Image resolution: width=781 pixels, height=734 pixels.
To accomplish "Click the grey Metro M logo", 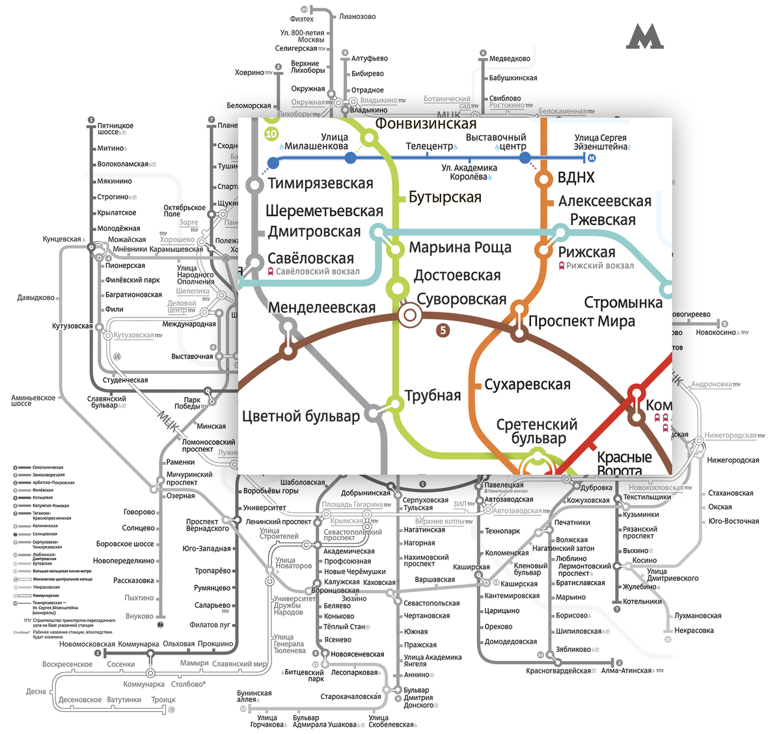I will point(644,37).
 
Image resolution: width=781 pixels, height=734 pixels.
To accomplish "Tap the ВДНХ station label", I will point(576,178).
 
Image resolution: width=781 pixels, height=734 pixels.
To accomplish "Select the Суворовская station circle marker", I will point(410,316).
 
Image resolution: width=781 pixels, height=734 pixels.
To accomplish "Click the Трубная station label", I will point(433,396).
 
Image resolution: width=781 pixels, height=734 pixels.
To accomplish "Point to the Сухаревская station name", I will point(527,385).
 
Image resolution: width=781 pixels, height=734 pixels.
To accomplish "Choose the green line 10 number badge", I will point(271,134).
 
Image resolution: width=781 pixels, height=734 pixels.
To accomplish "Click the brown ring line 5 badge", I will point(443,330).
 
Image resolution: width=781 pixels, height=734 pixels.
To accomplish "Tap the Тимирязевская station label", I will point(320,184).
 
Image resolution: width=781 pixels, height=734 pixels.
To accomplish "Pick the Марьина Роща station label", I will point(460,248).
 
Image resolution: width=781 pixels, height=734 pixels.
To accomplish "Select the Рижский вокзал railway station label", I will point(599,265).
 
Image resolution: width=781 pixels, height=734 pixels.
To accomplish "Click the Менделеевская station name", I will point(322,308).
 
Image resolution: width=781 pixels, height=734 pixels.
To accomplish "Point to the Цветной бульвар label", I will point(301,416).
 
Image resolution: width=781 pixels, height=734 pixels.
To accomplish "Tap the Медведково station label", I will point(510,59).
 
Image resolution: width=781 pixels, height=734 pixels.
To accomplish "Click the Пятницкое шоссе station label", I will point(115,129).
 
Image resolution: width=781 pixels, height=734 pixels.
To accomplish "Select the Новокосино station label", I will point(715,333).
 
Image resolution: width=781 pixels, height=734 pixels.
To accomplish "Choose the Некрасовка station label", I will point(694,631).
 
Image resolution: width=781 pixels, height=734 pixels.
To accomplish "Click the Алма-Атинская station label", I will point(626,671).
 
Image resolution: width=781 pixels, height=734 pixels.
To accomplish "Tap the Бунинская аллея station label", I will point(254,696).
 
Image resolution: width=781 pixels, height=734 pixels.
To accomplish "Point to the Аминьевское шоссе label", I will point(33,400).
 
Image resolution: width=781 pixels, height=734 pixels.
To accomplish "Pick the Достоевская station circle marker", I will point(398,286).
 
